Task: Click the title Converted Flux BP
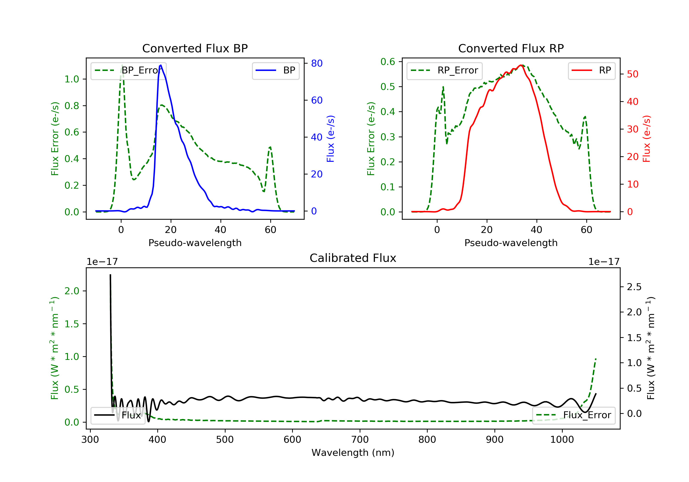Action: tap(195, 48)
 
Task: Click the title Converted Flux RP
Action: tap(511, 48)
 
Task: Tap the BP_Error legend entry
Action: tap(128, 70)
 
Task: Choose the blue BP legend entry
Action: tap(275, 70)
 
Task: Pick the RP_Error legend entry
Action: tap(444, 70)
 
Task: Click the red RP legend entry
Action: tap(591, 70)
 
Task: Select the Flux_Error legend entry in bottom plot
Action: tap(573, 415)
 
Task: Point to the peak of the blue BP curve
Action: tap(161, 65)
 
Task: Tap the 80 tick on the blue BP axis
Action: tap(316, 63)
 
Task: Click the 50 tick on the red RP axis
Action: tap(633, 74)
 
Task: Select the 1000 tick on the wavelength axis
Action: tap(562, 440)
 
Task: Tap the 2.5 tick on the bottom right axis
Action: tap(634, 287)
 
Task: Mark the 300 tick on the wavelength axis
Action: tap(90, 440)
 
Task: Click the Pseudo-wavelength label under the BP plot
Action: tap(195, 243)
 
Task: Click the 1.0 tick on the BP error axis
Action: tap(72, 79)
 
